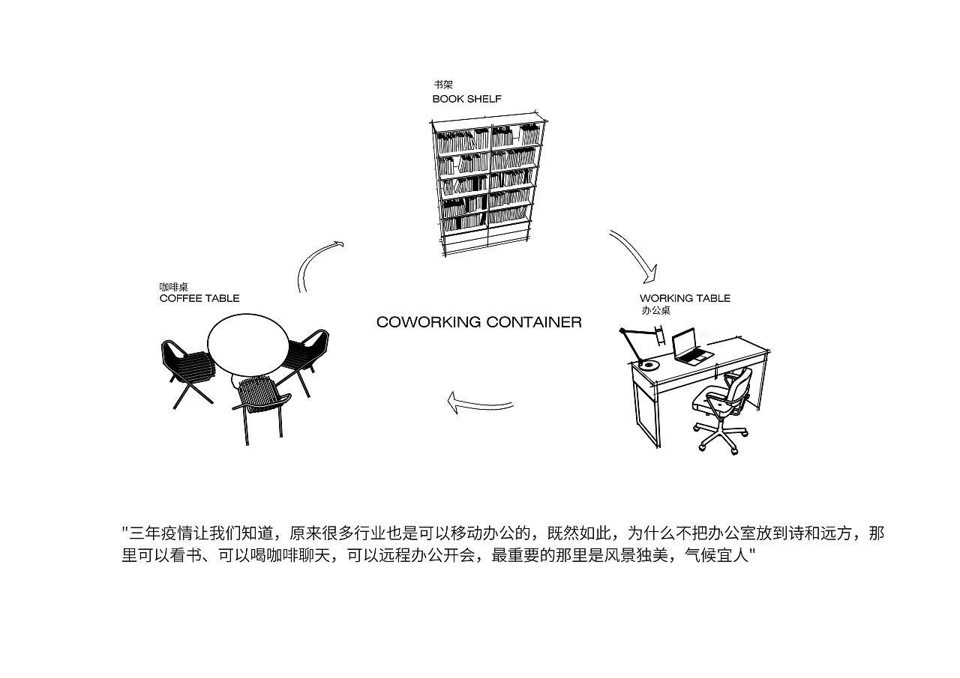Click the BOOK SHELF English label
click(466, 99)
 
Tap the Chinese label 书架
click(442, 85)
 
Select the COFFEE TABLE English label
click(199, 298)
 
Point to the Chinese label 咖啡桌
click(173, 287)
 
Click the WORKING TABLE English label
click(685, 298)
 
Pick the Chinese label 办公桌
click(655, 310)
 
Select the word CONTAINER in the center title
click(533, 322)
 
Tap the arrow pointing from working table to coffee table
click(480, 405)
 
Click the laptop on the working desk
click(689, 347)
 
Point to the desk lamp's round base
click(648, 365)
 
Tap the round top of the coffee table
click(248, 344)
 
